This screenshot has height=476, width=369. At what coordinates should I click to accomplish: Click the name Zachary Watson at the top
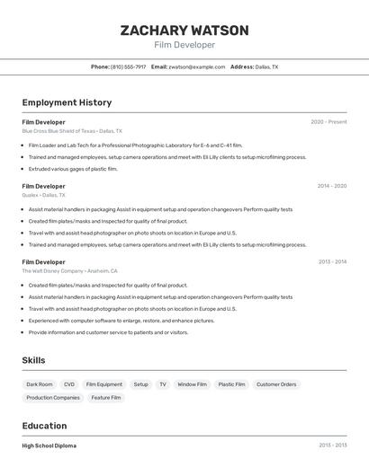pos(184,31)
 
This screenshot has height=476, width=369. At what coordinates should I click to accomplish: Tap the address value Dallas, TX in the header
pos(266,66)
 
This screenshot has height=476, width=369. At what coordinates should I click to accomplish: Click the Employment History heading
pos(67,102)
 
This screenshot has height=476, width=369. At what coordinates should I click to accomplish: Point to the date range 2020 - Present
pos(328,121)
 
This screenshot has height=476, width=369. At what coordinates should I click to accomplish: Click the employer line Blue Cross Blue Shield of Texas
pos(72,131)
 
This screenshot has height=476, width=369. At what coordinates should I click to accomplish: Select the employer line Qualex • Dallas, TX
pos(43,195)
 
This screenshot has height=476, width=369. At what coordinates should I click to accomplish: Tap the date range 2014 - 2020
pos(331,186)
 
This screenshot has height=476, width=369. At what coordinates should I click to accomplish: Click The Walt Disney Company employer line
pos(69,270)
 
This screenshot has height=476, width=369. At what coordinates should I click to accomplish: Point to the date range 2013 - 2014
pos(331,261)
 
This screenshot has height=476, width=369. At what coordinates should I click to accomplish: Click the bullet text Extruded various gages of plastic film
pos(73,169)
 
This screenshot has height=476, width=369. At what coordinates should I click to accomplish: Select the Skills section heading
pos(33,360)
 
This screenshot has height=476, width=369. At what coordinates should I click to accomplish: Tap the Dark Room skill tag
pos(40,384)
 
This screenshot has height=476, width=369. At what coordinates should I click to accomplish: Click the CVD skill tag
pos(69,384)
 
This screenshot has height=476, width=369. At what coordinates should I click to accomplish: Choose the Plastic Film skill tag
pos(231,384)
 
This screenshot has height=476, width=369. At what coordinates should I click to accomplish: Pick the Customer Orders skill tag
pos(276,384)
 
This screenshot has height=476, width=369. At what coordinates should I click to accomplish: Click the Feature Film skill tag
pos(106,397)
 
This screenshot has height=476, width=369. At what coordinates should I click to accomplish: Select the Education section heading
pos(44,426)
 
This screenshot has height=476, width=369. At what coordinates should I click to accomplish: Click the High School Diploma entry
pos(49,445)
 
